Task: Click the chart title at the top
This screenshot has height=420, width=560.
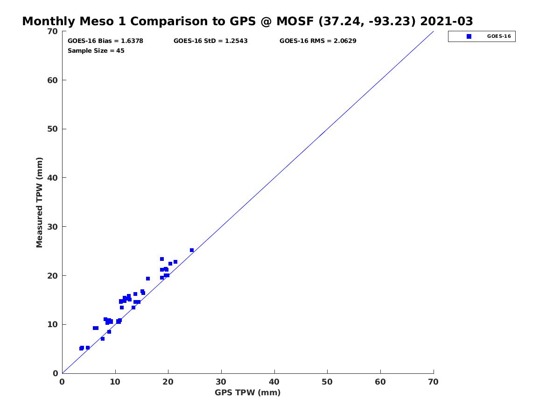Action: [247, 21]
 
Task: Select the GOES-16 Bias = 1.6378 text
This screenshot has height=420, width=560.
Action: [105, 41]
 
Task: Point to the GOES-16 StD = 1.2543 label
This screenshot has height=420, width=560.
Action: [210, 41]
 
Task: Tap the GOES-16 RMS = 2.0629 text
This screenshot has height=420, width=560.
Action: [318, 41]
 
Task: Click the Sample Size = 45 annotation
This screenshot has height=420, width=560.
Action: [96, 51]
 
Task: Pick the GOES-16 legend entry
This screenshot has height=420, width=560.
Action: [482, 36]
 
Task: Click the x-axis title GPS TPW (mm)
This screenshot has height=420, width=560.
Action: [247, 393]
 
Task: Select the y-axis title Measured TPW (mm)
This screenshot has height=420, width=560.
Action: [39, 202]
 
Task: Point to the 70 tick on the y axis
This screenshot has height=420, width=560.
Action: [53, 31]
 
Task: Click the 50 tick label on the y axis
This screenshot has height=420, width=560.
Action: [53, 129]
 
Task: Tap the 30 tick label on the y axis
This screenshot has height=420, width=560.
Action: [53, 227]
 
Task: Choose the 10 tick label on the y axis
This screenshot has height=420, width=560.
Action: [53, 325]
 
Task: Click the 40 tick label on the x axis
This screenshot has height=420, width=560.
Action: [274, 382]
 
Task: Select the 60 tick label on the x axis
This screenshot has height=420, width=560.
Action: [380, 382]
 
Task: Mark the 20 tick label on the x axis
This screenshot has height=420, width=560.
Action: [168, 382]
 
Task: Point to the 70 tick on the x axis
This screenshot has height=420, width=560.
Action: [434, 382]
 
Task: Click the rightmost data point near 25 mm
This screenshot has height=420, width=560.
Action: [192, 250]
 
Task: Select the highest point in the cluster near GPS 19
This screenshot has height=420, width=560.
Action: [162, 259]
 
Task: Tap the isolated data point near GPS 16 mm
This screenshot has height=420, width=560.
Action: [148, 279]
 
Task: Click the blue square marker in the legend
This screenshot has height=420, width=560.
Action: [469, 36]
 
